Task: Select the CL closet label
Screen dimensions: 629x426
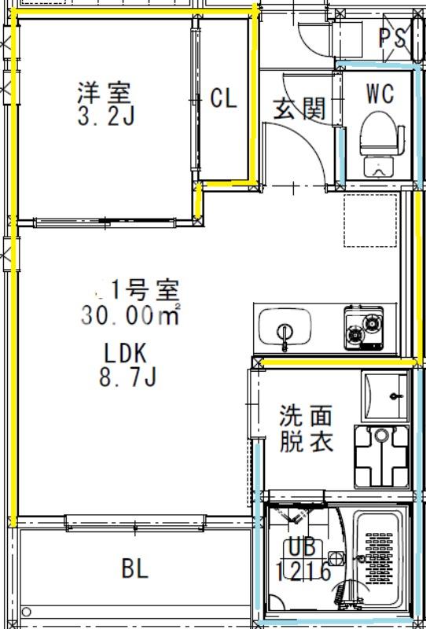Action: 223,99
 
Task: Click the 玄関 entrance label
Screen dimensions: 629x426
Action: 299,109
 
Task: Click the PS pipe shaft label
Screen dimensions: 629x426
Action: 392,36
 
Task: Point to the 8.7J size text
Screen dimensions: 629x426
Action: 127,378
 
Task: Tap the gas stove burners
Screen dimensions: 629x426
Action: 363,329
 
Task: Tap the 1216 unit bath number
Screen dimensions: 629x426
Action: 303,571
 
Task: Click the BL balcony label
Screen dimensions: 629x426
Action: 135,569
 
